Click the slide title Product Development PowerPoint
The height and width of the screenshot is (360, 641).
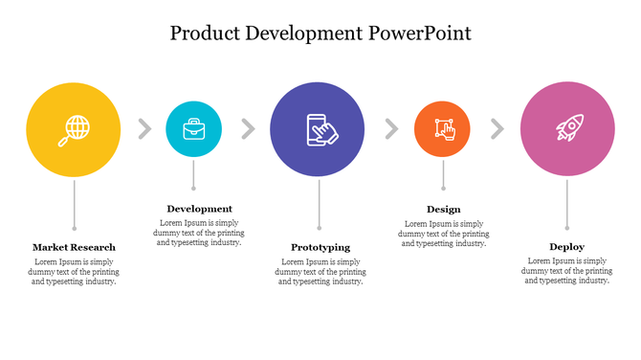320,34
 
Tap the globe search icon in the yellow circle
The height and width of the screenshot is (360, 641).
75,129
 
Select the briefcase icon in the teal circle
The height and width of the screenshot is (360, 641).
193,128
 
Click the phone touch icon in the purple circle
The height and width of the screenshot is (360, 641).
318,129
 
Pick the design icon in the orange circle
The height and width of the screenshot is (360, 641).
443,129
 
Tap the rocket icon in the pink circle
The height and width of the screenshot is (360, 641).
567,129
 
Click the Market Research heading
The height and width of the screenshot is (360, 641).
74,247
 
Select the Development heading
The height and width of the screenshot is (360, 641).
199,209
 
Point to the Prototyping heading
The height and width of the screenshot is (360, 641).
320,247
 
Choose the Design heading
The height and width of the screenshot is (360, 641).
443,209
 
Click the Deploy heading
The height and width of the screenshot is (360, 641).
566,247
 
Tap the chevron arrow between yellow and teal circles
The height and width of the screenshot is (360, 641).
144,129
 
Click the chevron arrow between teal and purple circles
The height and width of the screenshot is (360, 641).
248,129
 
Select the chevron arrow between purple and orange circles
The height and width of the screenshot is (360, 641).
390,129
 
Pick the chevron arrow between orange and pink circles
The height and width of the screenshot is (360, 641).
497,129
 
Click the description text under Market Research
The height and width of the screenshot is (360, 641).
74,271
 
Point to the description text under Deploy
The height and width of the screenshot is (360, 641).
566,271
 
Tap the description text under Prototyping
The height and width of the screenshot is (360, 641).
320,271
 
